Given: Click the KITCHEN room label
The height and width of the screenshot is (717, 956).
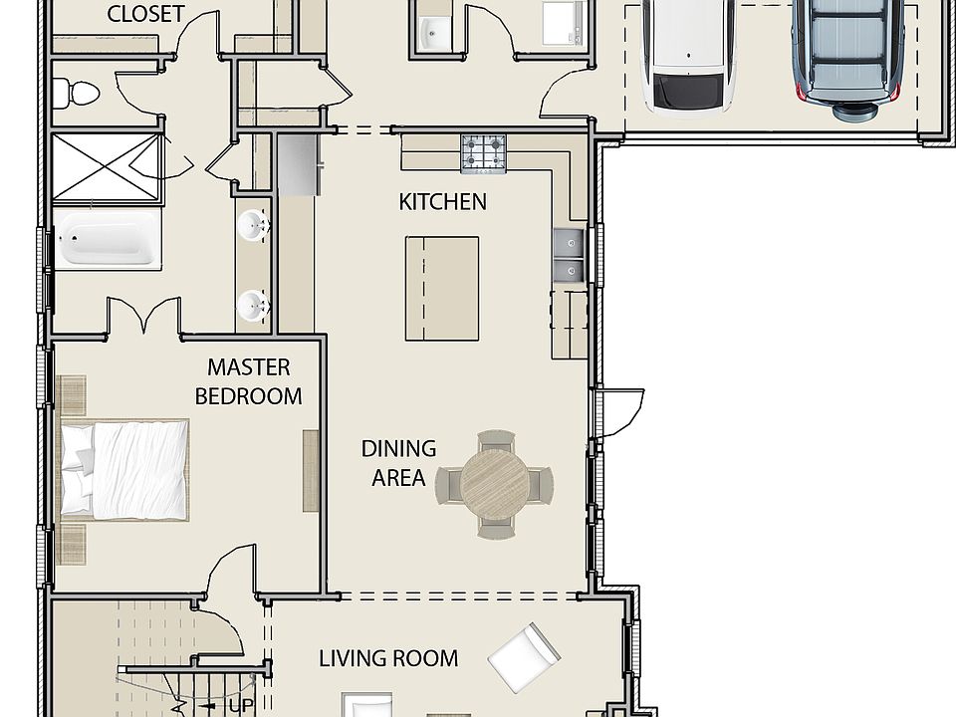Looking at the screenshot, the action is coord(442,202).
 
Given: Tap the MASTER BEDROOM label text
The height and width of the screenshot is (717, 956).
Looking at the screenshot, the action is coord(248,381).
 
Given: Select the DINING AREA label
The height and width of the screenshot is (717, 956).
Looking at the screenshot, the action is coord(398,463).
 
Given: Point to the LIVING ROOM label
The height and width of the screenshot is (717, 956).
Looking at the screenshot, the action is coord(388,658).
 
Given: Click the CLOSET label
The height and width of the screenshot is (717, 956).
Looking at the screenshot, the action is coord(145,14).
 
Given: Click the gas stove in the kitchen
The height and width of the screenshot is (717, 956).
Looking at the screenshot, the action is coord(484,153).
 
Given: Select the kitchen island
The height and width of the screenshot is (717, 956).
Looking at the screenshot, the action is coord(442,289).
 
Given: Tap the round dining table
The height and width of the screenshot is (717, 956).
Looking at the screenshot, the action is coord(494,484).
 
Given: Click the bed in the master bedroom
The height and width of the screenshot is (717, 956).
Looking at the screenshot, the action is coord(124,469).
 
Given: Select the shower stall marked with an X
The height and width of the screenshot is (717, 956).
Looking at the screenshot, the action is coord(107,166).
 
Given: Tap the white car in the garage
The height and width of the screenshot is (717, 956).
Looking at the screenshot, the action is coord(688,56).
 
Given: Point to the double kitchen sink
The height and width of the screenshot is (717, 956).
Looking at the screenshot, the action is coord(570,255).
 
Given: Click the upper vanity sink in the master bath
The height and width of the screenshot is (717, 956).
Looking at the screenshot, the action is coord(253,226).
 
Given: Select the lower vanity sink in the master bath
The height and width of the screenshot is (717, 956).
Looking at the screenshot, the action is coord(253,306).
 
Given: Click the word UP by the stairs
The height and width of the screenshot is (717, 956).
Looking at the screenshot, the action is coord(241,706).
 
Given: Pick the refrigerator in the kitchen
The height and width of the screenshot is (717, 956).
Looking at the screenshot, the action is coord(299,164).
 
